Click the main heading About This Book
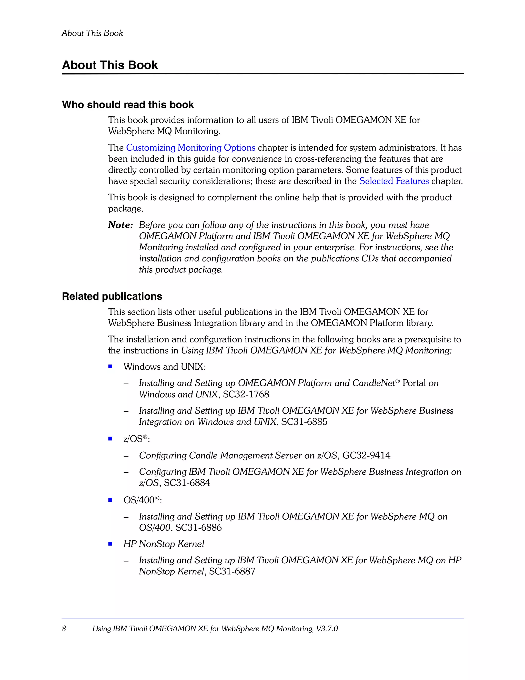110,65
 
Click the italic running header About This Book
92,33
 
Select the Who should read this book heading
128,105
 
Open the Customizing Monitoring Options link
190,147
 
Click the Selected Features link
394,181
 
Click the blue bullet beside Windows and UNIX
110,367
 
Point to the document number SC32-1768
246,395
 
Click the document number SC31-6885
304,422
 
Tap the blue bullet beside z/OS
110,439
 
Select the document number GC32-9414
366,456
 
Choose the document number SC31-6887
232,571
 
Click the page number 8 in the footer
64,629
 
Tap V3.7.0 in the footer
327,629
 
